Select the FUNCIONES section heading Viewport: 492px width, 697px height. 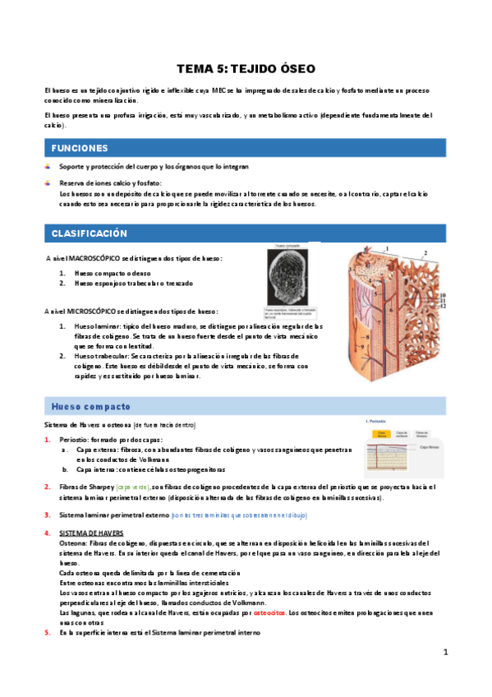[80, 148]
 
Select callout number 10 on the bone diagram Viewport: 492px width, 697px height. [442, 295]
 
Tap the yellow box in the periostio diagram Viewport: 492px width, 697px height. [381, 433]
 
